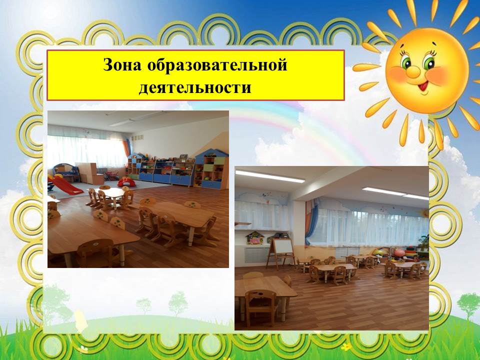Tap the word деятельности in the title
(x=195, y=87)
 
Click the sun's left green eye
(x=406, y=62)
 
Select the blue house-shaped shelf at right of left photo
(x=211, y=169)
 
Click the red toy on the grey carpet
(x=126, y=182)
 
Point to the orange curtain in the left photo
(x=126, y=149)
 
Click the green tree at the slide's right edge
(x=468, y=303)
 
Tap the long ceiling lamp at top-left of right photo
(x=269, y=176)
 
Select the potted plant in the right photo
(x=424, y=242)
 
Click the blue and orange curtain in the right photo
(x=311, y=221)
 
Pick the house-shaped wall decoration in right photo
(x=254, y=238)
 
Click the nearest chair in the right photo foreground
(x=261, y=307)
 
